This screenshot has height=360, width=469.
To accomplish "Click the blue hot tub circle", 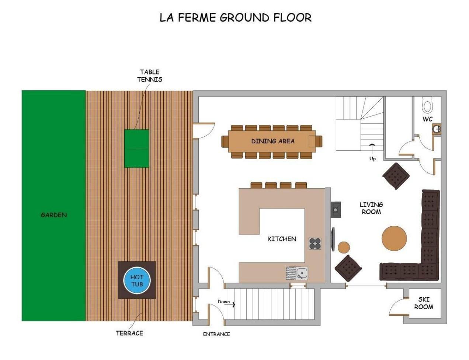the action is [x=137, y=280].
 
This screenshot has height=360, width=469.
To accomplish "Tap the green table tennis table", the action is [x=137, y=148].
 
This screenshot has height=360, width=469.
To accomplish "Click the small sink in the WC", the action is [x=437, y=129].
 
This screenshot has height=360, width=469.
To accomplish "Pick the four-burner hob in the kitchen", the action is [x=315, y=244].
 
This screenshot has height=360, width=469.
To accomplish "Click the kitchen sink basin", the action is [x=302, y=273].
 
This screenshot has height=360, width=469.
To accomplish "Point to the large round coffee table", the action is [x=394, y=238].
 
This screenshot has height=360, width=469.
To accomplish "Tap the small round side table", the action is [x=344, y=247].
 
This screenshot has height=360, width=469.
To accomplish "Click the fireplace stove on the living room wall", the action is [x=336, y=210].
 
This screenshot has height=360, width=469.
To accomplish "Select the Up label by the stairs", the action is [x=372, y=159].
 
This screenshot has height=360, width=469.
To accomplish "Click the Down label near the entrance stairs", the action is [x=223, y=302].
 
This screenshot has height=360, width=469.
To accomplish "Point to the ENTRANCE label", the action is [x=216, y=334].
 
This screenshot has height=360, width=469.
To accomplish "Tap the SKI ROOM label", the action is [x=423, y=303].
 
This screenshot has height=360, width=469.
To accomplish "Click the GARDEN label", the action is [x=54, y=215].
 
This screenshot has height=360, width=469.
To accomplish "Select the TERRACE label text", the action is [x=129, y=333].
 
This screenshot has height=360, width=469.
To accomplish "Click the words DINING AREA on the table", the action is [x=273, y=141].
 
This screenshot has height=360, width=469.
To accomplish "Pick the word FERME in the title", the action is [x=197, y=17].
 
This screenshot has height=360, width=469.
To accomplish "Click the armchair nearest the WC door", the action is [x=396, y=176].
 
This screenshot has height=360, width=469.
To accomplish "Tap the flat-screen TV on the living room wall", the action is [x=333, y=239].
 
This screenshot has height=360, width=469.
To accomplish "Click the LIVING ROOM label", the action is [x=371, y=208].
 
